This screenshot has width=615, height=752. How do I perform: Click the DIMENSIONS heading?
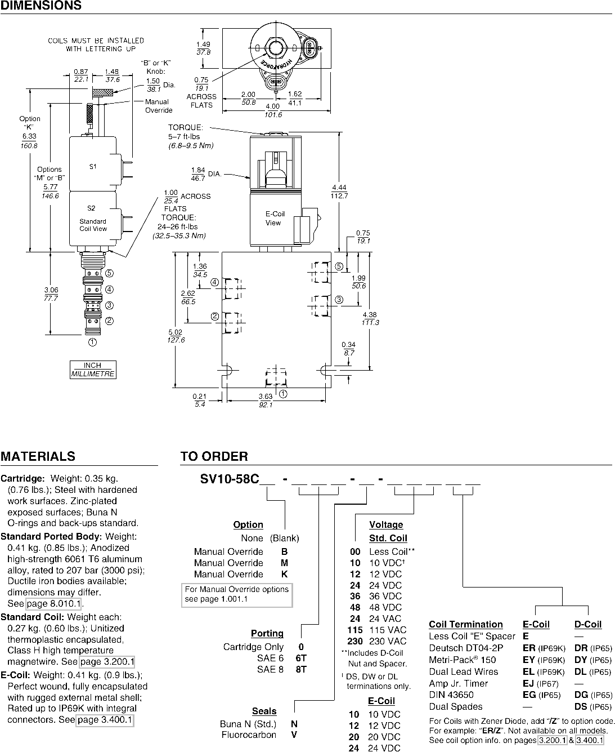[41, 5]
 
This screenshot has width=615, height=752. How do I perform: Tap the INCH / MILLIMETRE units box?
[93, 370]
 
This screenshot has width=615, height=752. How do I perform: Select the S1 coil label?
[93, 167]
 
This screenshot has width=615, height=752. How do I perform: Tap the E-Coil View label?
[274, 218]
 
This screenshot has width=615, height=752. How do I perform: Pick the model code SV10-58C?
[230, 479]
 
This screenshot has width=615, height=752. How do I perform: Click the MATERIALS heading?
[38, 456]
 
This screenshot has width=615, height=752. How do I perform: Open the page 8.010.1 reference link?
[54, 604]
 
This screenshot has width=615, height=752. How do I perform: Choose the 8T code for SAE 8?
[301, 669]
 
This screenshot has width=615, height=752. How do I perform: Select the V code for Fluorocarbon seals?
[294, 735]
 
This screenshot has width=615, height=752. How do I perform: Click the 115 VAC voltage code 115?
[355, 630]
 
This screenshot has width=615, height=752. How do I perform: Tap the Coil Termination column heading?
[466, 624]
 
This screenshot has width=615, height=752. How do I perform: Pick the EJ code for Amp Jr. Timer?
[528, 683]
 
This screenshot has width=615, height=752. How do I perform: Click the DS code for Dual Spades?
[581, 707]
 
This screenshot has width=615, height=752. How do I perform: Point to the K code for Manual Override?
[285, 574]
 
